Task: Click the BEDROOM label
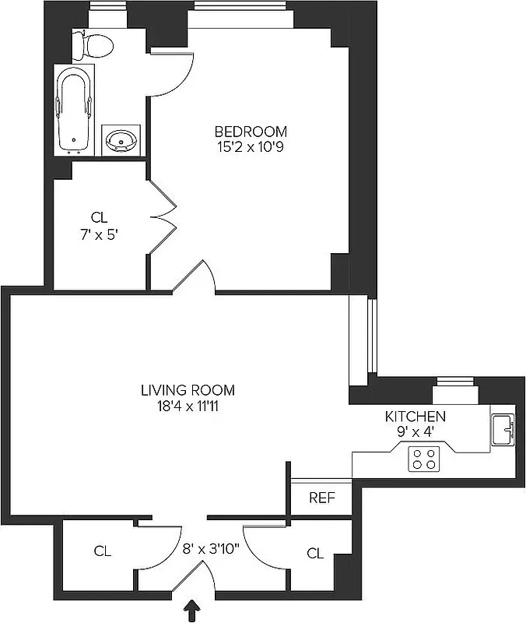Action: tap(251, 131)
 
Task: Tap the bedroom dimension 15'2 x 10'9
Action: tap(251, 146)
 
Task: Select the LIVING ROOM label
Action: tap(188, 390)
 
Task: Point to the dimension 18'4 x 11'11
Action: tap(188, 405)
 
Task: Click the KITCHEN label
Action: tap(416, 417)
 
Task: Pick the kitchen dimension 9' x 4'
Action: tap(416, 431)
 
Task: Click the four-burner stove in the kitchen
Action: tap(424, 459)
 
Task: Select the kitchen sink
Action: tap(503, 428)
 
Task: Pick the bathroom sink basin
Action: tap(121, 140)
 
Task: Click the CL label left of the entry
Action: tap(102, 551)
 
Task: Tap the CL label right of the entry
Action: tap(314, 553)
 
